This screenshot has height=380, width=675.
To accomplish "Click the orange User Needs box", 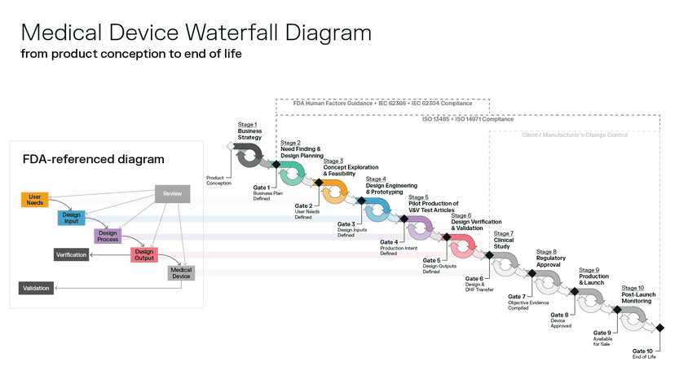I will pos(34,200).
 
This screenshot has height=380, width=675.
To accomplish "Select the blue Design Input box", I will pos(71,218).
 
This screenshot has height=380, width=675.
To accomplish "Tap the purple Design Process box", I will pos(108,236).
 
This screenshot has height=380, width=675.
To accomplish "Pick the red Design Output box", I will pos(143,255).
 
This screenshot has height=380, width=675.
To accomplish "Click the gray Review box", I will pos(172,194).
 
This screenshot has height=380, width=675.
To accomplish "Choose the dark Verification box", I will pos(71,255).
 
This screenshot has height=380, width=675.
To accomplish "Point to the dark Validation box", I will pos(36,288).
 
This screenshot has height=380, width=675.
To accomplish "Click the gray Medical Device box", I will pos(181,273).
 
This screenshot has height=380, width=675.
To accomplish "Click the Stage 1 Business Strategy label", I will pos(249,130).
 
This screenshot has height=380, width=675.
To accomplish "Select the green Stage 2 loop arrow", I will pos(291,172).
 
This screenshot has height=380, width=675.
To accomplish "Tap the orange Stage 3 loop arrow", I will pos(334,192).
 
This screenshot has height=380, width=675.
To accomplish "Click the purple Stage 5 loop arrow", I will pos(421,229).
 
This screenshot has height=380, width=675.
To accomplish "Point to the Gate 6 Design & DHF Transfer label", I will pos(479,283).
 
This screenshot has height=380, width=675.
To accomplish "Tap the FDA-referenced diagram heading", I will pos(93,160).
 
